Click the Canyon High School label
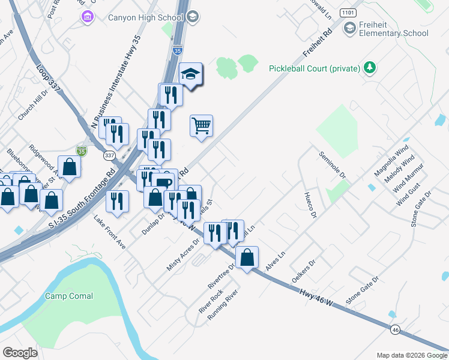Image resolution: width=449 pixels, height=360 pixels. coord(145,17)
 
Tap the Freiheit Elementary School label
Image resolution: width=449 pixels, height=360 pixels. coord(393,28)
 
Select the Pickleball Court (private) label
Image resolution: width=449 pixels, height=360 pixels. coord(314,68)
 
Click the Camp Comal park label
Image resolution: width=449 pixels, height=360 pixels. coord(70,296)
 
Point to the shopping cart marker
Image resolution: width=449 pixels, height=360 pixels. coord(202,126)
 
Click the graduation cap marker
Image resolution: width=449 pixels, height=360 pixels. coord(191,75)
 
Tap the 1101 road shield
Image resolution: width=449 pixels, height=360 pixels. coord(348,12)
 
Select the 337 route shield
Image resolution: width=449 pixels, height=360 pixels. coord(109,155)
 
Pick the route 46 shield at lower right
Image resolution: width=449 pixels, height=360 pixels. coord(394,329)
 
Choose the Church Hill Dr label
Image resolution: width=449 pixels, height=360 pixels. coord(32,106)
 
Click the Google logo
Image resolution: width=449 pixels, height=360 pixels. coord(20,352)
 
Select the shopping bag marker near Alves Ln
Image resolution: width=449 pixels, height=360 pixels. coord(247,258)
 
